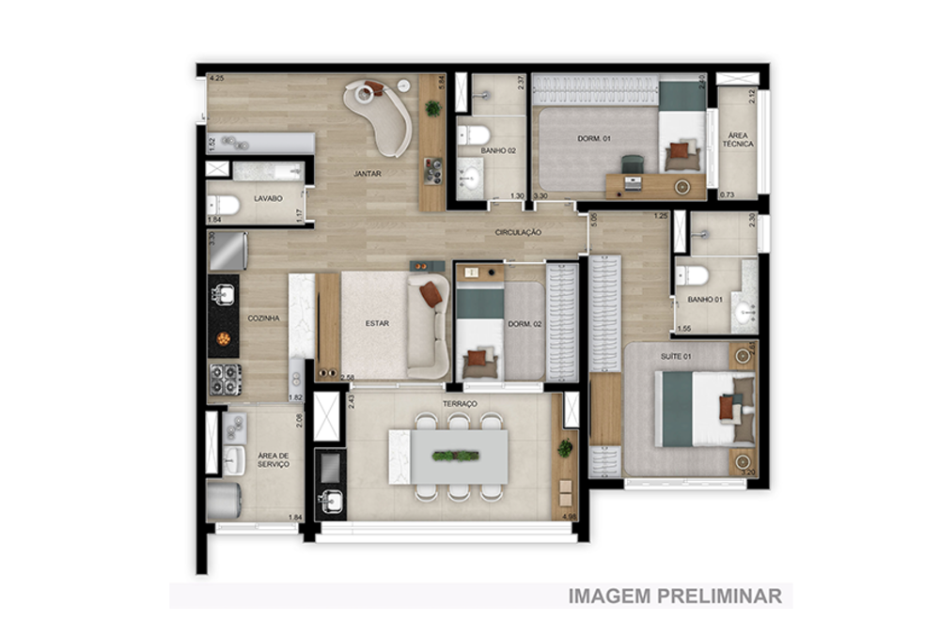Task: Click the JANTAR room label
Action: (367, 174)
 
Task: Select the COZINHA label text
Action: (263, 318)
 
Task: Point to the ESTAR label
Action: (377, 324)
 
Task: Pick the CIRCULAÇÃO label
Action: (519, 232)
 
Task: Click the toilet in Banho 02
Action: (471, 135)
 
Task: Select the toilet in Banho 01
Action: (694, 275)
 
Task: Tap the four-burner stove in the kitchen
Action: (224, 379)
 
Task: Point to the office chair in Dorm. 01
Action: (632, 164)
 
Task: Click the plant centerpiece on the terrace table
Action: (456, 457)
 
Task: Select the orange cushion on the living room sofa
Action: (431, 295)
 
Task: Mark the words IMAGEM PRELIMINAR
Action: (675, 596)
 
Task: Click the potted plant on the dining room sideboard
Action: (432, 108)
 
